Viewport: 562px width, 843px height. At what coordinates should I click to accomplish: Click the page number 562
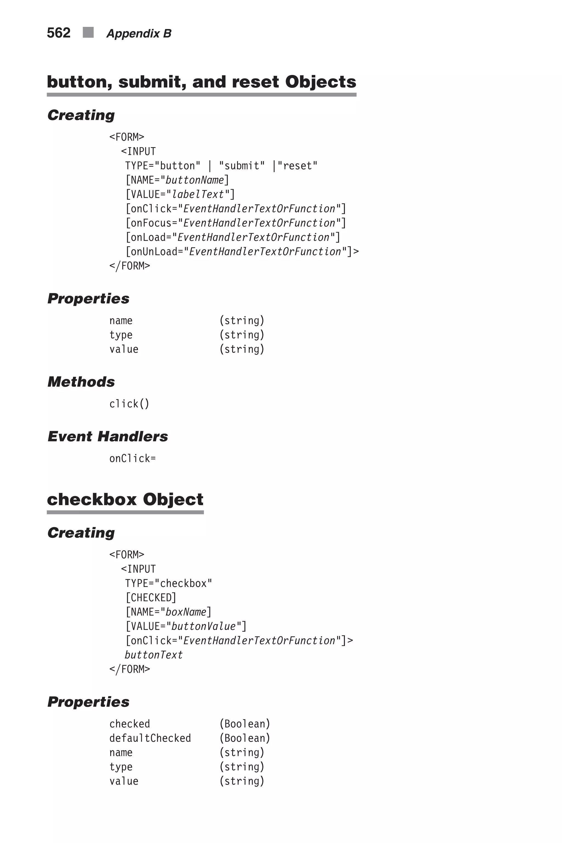pyautogui.click(x=58, y=33)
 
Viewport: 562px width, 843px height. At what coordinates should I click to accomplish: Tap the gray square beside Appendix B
pyautogui.click(x=88, y=33)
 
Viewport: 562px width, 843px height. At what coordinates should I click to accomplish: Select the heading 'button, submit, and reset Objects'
pyautogui.click(x=201, y=82)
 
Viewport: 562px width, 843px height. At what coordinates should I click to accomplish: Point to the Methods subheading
pyautogui.click(x=81, y=382)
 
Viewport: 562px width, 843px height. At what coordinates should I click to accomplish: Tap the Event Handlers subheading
pyautogui.click(x=108, y=436)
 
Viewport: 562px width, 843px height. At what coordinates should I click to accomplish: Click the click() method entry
pyautogui.click(x=129, y=404)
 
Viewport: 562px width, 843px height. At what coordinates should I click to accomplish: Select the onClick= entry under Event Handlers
pyautogui.click(x=132, y=459)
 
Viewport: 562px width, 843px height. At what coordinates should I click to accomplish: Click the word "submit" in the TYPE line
pyautogui.click(x=242, y=166)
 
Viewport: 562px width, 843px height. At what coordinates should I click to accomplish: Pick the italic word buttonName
pyautogui.click(x=195, y=180)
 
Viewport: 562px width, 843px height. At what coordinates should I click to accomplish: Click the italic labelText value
pyautogui.click(x=198, y=194)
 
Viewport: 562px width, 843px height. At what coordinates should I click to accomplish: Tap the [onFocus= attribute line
pyautogui.click(x=235, y=223)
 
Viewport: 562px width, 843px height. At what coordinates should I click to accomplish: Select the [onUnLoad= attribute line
pyautogui.click(x=242, y=252)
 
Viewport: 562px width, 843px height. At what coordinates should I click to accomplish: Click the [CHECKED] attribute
pyautogui.click(x=151, y=597)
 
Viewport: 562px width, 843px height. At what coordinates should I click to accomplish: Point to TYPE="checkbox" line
pyautogui.click(x=168, y=583)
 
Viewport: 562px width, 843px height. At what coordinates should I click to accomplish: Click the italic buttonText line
pyautogui.click(x=153, y=655)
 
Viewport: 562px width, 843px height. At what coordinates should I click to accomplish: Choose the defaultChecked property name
pyautogui.click(x=150, y=738)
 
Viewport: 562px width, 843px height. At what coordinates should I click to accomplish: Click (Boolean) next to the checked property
pyautogui.click(x=245, y=724)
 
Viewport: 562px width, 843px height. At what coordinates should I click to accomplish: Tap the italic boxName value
pyautogui.click(x=186, y=612)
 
